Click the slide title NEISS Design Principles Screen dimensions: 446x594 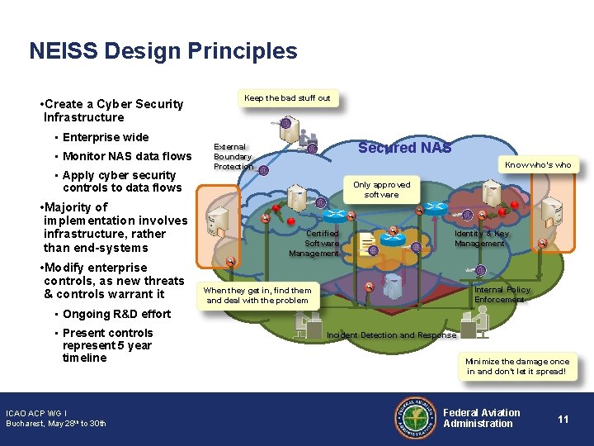[163, 51]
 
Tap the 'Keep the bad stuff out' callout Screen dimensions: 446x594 [287, 98]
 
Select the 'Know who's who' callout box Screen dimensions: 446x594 [538, 164]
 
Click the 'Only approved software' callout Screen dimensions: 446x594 [381, 189]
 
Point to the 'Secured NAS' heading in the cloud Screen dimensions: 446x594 [404, 148]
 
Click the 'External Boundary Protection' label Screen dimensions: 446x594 [233, 157]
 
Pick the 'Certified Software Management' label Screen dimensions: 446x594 [314, 244]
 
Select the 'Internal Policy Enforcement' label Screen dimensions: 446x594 [502, 295]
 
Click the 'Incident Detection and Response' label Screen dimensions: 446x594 [391, 334]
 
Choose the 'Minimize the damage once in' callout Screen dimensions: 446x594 [517, 367]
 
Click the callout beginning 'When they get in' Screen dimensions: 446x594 [257, 296]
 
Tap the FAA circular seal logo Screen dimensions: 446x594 [415, 419]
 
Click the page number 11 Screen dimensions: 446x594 [563, 419]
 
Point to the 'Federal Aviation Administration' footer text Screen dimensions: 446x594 [482, 418]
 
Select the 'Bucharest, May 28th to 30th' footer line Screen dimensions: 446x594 [56, 424]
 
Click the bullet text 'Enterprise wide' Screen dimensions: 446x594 [106, 137]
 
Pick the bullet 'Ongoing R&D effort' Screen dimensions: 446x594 [116, 314]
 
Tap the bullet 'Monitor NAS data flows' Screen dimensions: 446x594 [127, 156]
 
